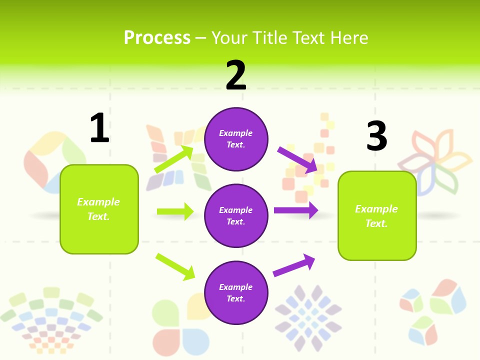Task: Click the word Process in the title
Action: click(x=157, y=38)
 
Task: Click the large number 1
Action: click(x=99, y=128)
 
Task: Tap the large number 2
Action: click(x=236, y=75)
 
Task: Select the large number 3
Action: click(x=376, y=136)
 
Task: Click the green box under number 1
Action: click(x=99, y=209)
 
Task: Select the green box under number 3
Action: click(x=377, y=215)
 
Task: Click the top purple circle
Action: click(x=236, y=139)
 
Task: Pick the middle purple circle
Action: click(x=236, y=215)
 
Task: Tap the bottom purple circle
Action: click(x=236, y=292)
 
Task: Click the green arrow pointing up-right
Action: click(x=174, y=159)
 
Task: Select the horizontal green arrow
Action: click(x=175, y=211)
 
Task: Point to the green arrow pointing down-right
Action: click(x=175, y=266)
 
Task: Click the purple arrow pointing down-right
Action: click(x=298, y=159)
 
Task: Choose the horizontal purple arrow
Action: click(x=296, y=210)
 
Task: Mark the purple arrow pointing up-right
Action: click(x=294, y=265)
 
